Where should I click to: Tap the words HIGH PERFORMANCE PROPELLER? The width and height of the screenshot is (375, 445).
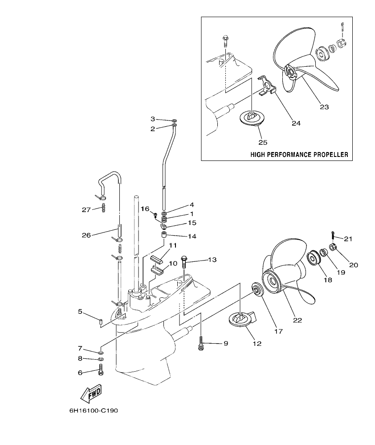299,155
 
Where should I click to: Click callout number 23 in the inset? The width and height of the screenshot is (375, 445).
324,106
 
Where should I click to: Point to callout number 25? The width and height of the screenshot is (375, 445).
262,142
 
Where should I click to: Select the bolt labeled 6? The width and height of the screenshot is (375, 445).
100,369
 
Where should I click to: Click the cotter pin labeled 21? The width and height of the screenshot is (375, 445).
333,235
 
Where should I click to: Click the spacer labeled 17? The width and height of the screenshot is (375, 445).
257,289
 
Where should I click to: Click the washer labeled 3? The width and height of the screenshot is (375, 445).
174,120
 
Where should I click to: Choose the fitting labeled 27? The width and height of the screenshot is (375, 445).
103,207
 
